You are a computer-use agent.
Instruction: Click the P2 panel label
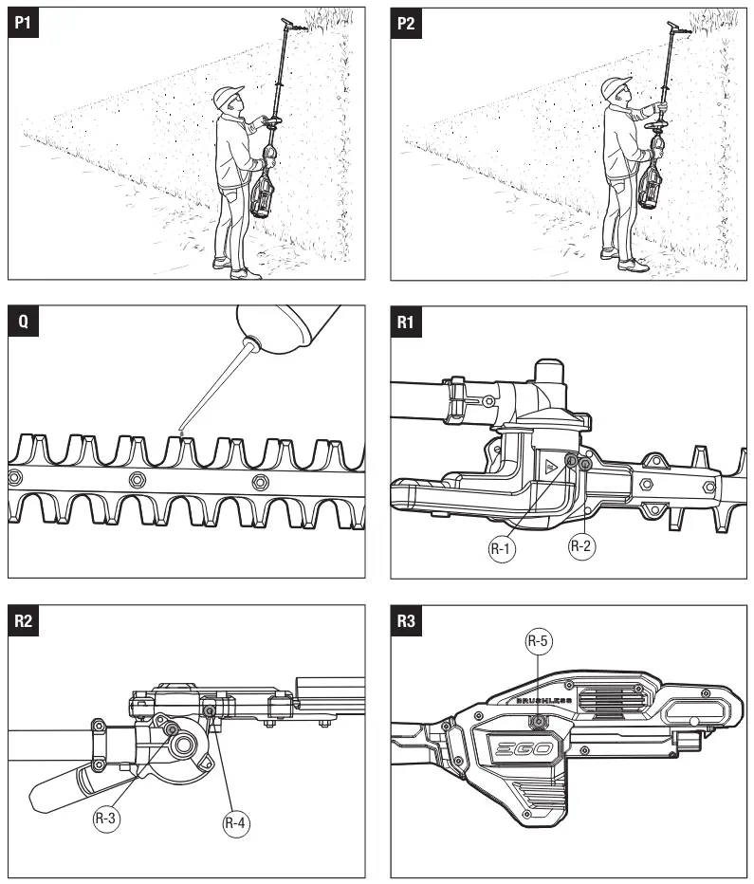[x=406, y=23]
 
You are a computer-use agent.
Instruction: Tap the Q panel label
[x=23, y=322]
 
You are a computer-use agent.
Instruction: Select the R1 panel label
[x=406, y=322]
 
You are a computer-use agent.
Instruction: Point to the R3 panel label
[x=406, y=620]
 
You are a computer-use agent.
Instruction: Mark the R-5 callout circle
[x=539, y=641]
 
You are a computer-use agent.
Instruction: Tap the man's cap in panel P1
[x=228, y=94]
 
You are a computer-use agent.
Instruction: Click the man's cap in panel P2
[x=616, y=87]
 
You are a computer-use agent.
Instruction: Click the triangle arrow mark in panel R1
[x=550, y=466]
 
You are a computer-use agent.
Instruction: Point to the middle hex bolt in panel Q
[x=137, y=477]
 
